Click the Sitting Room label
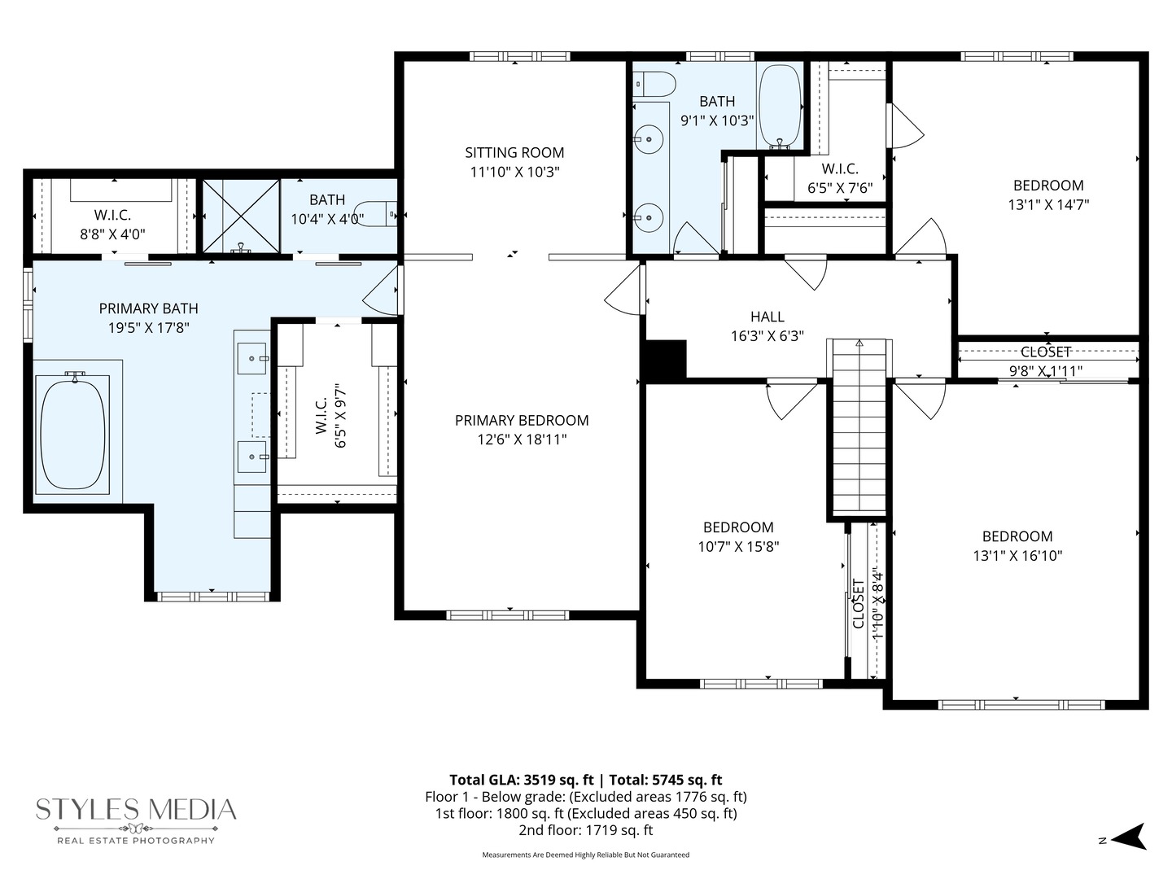(x=514, y=153)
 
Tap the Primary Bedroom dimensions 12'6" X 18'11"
(x=522, y=439)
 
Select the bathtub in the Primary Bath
(x=73, y=433)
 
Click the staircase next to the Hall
(x=859, y=427)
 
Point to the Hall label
(x=767, y=317)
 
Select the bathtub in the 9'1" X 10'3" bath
(x=779, y=106)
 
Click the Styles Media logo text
(x=136, y=810)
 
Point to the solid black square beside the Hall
(x=666, y=360)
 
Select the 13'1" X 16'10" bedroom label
(x=1017, y=536)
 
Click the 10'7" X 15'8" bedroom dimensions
(x=738, y=547)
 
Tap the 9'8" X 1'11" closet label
(x=1046, y=352)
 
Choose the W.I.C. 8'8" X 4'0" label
(x=112, y=215)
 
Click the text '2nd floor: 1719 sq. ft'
(x=585, y=830)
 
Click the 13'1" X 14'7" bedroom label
(x=1048, y=186)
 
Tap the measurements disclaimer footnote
(x=585, y=855)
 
